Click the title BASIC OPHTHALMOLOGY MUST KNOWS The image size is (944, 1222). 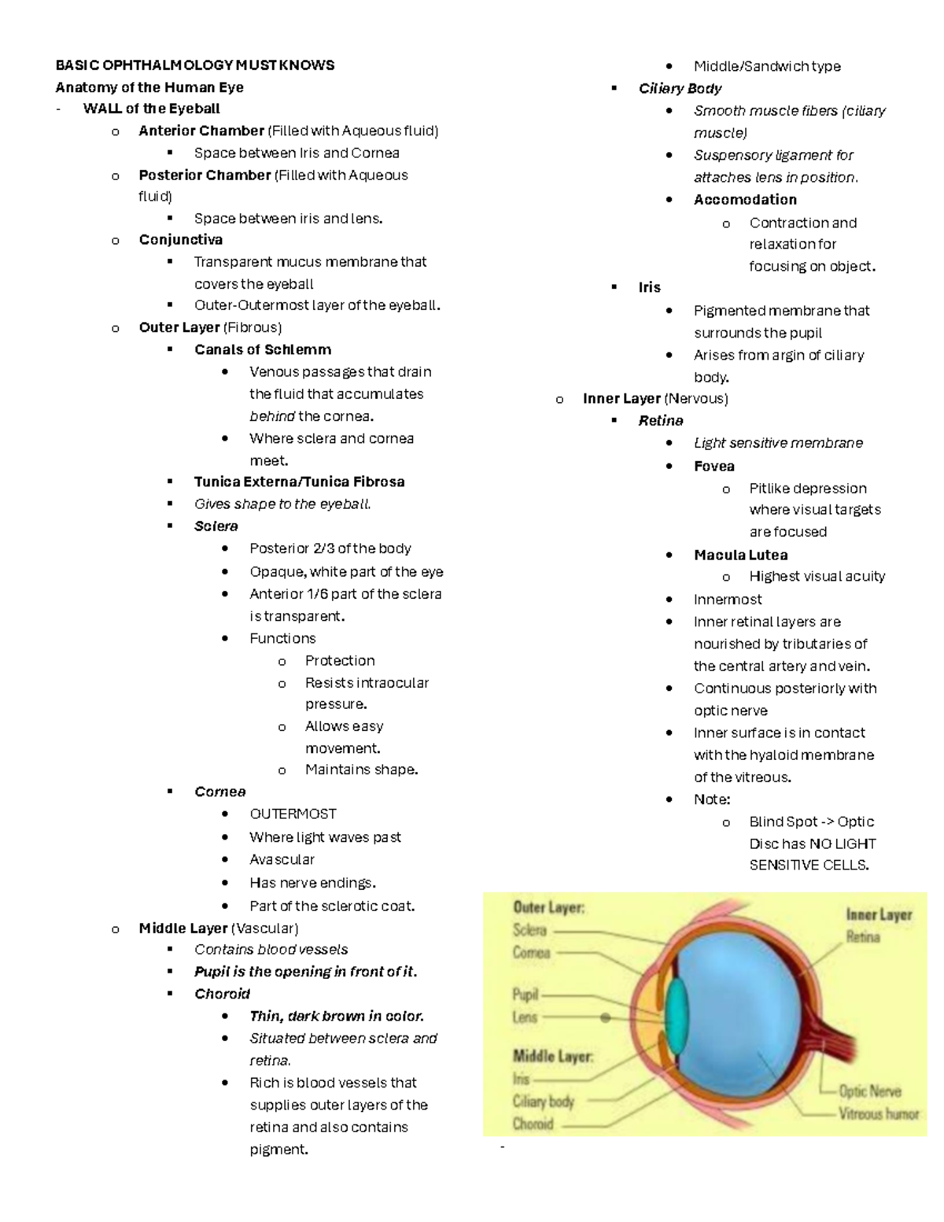[194, 65]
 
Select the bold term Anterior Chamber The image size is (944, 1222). [201, 131]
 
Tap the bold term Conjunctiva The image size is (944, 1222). [180, 240]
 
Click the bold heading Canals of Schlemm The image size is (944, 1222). [263, 349]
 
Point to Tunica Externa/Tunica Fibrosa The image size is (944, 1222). [299, 482]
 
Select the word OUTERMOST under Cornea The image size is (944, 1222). [293, 814]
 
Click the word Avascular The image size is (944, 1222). [282, 859]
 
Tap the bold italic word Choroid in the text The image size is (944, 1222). [222, 994]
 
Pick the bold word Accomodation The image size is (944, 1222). [745, 200]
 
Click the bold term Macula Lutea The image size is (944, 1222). [740, 555]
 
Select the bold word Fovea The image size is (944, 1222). [714, 467]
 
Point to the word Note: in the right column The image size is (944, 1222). [712, 799]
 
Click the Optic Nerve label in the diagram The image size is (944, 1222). [869, 1091]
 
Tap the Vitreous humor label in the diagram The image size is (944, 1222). [878, 1113]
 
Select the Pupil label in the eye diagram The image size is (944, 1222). [525, 994]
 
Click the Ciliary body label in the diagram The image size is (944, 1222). [544, 1102]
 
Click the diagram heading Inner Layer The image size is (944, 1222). [879, 914]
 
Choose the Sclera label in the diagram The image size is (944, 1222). [529, 930]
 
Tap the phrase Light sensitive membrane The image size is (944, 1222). [778, 443]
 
